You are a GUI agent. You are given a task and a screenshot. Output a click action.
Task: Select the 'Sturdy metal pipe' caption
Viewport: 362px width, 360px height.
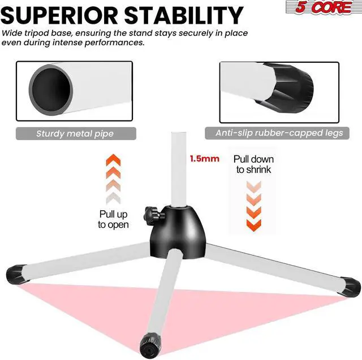(75, 134)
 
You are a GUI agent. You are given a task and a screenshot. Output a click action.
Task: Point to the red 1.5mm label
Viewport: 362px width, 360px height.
(205, 159)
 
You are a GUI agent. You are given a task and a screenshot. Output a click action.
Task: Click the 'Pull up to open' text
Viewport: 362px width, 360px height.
(113, 219)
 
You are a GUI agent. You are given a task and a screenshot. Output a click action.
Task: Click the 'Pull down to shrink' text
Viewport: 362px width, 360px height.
(253, 164)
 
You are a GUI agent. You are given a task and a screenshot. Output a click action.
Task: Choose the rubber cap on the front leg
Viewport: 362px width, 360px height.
(151, 340)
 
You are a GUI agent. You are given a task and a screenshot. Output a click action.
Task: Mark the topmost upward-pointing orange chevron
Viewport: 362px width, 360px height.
(113, 160)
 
